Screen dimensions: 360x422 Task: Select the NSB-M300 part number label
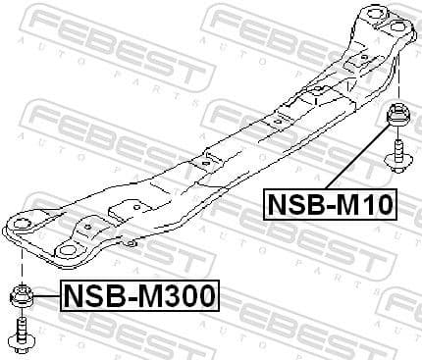tap(139, 293)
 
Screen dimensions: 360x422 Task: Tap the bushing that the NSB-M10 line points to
tap(400, 117)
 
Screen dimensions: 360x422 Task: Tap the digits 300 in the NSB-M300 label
tap(191, 293)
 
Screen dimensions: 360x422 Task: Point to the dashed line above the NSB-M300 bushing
tap(21, 263)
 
